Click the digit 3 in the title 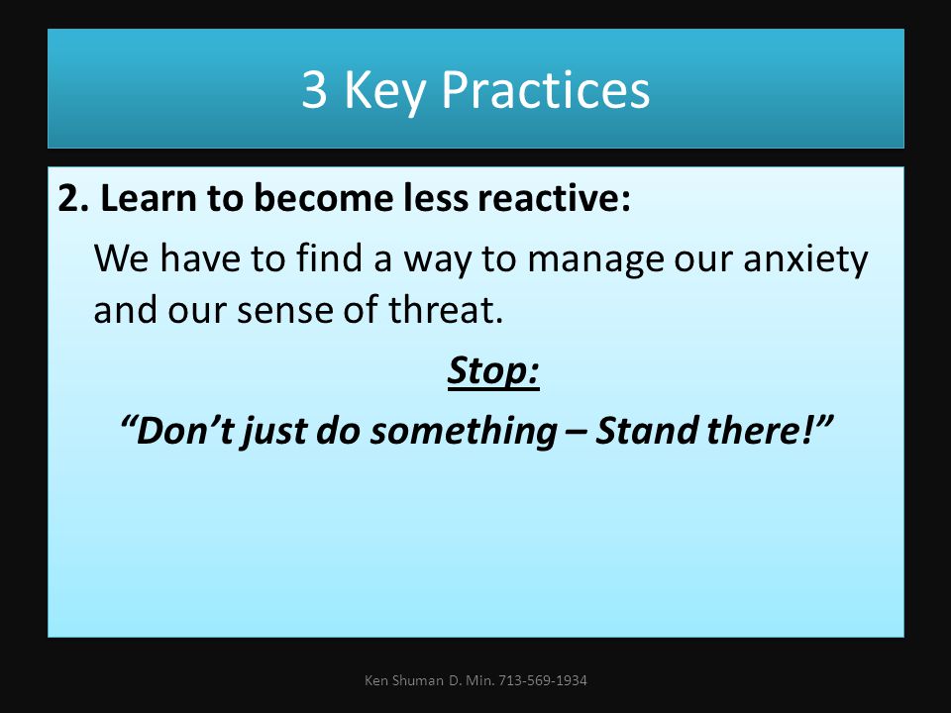[314, 90]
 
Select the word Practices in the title [545, 89]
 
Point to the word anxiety [805, 260]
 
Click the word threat [446, 309]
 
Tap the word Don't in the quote [177, 430]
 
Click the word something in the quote [464, 432]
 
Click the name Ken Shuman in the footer [404, 680]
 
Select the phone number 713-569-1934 [543, 680]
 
